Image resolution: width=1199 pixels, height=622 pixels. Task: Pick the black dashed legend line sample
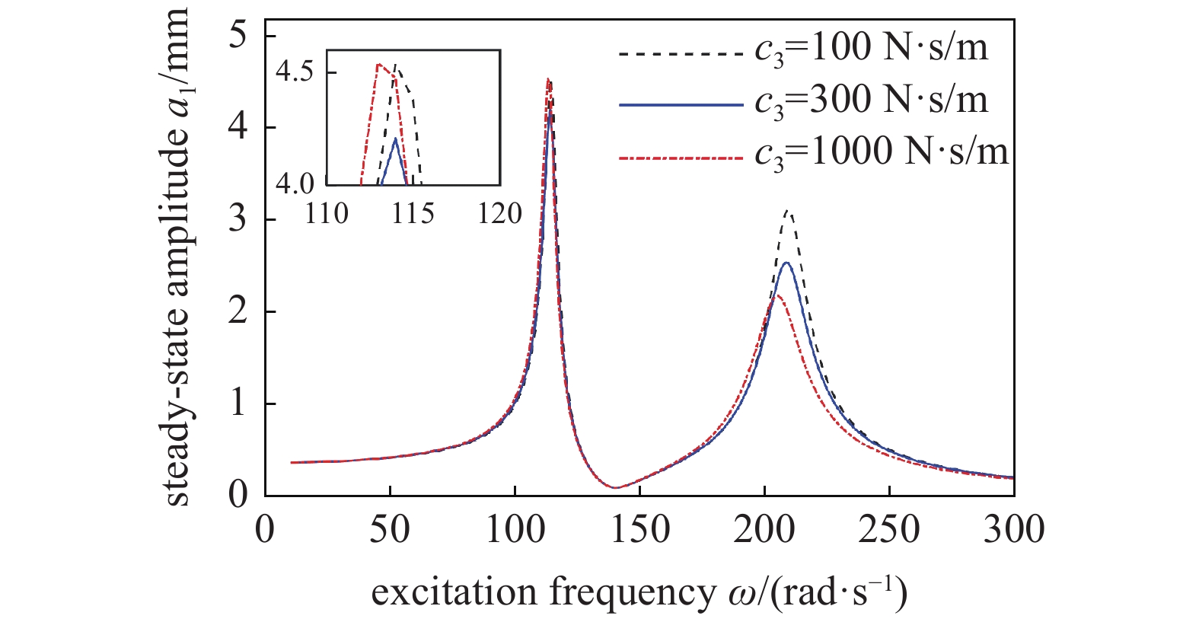click(680, 54)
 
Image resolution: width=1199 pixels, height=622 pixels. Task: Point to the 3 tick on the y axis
click(239, 219)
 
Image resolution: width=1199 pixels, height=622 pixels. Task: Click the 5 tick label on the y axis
click(239, 36)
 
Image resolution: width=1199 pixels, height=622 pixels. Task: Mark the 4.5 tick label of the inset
click(295, 72)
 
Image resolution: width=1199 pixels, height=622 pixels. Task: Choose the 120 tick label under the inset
click(499, 213)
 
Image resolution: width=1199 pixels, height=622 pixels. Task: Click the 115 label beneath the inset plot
click(413, 213)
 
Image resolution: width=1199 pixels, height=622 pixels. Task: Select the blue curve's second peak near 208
click(785, 263)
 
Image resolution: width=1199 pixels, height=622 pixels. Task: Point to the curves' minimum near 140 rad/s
click(614, 487)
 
